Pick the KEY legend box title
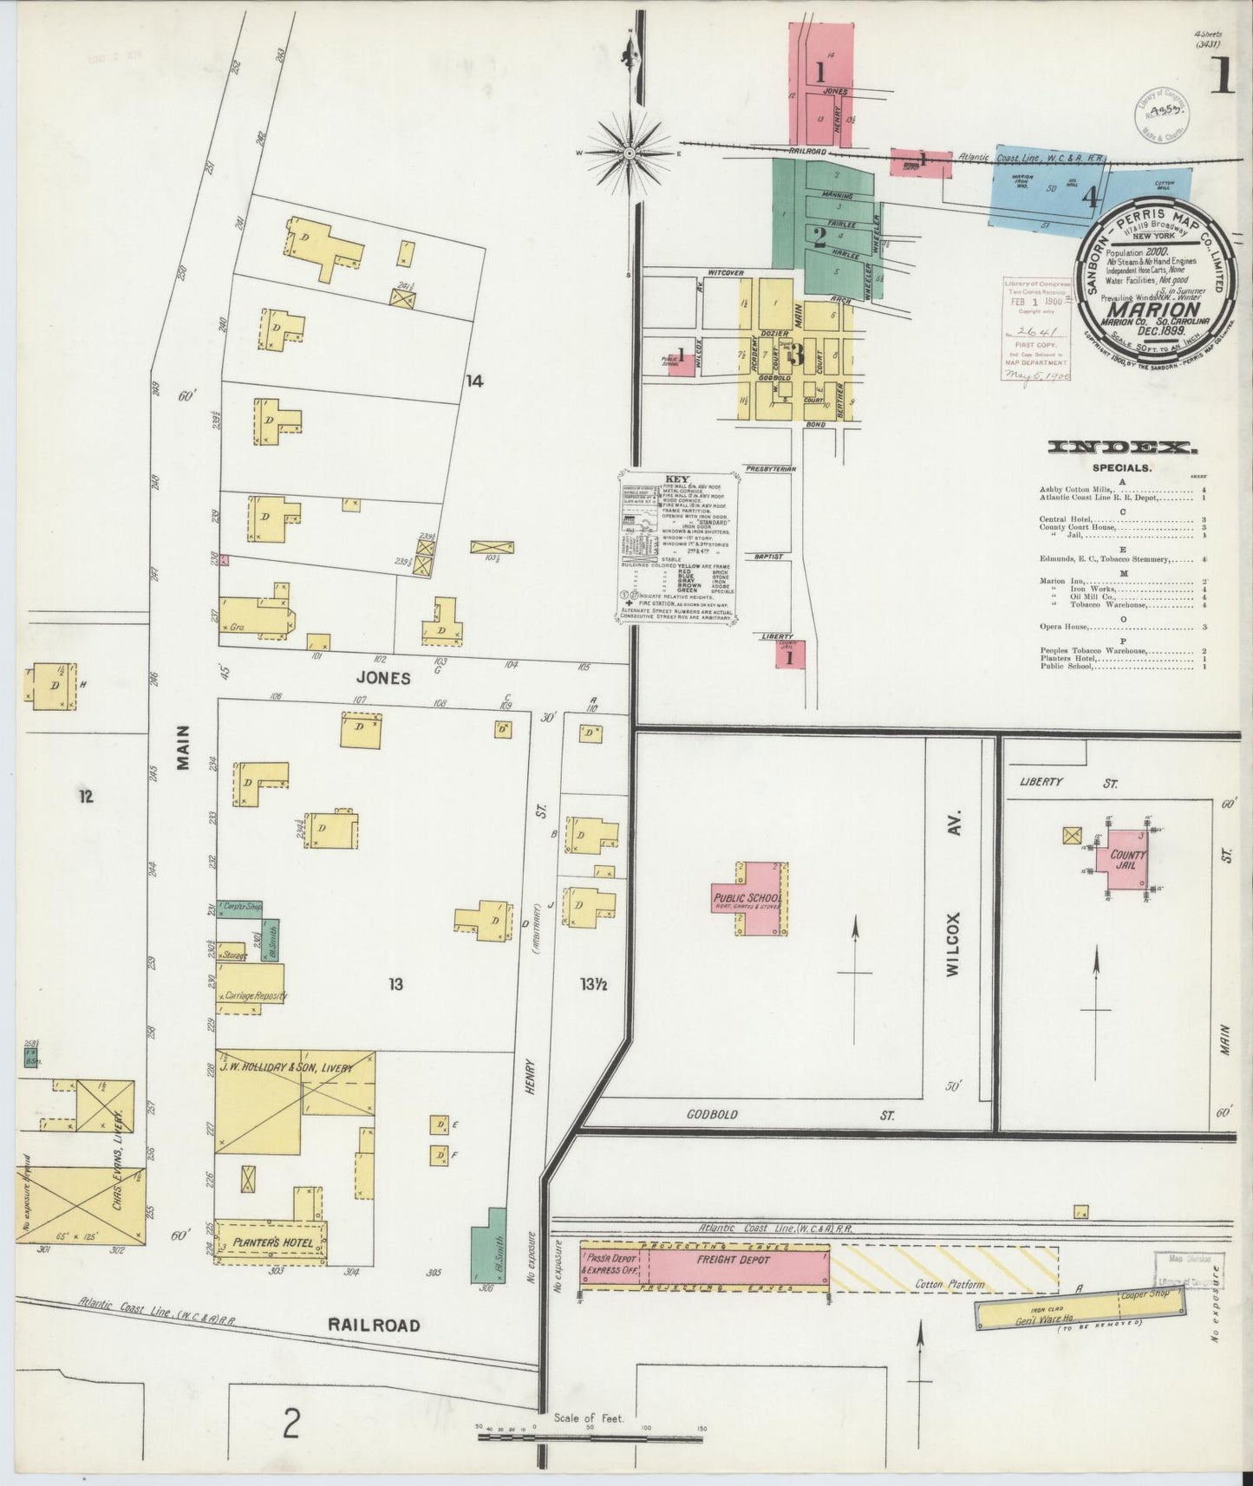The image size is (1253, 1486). pos(675,479)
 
